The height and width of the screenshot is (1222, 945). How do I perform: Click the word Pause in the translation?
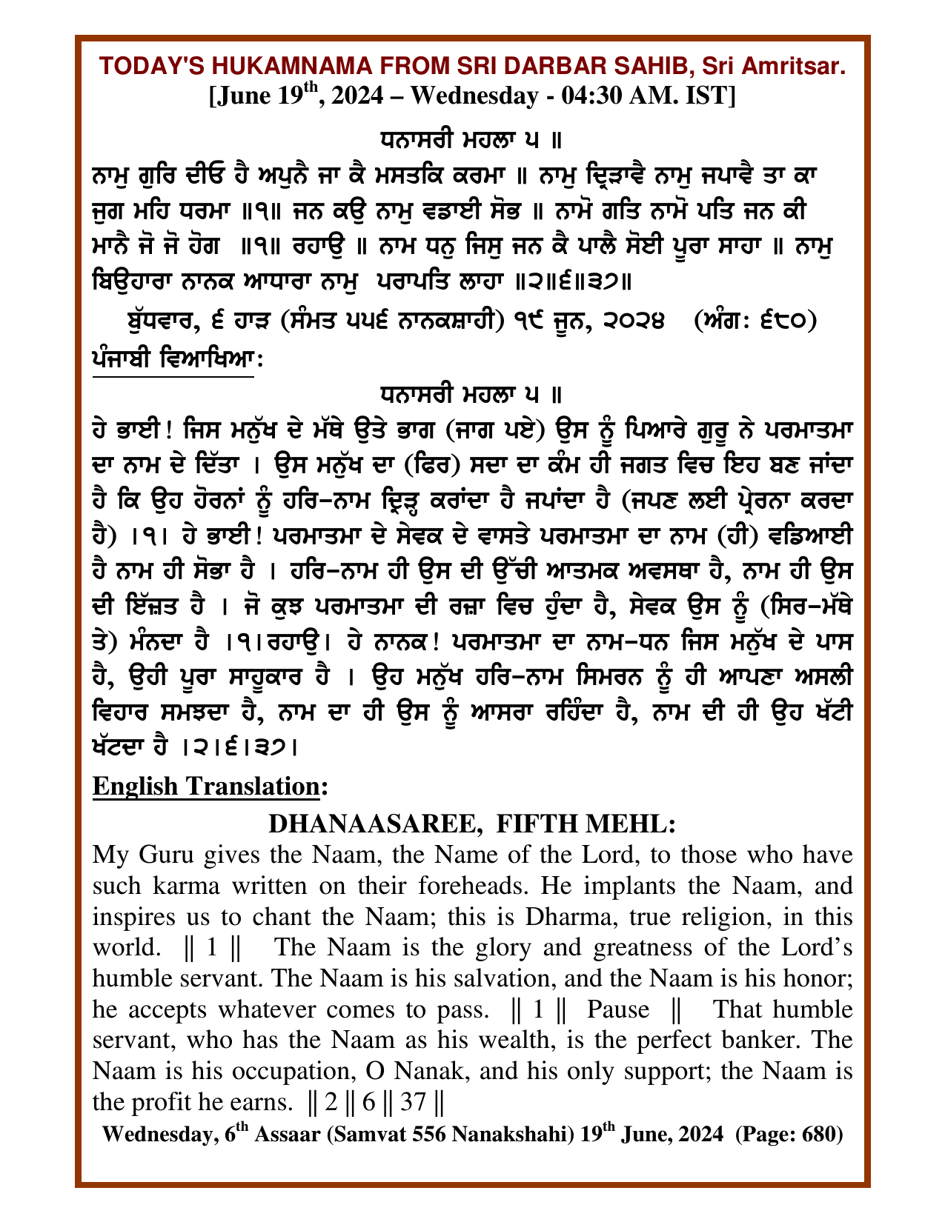pyautogui.click(x=618, y=1009)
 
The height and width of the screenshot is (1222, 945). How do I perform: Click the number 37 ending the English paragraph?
pyautogui.click(x=412, y=1103)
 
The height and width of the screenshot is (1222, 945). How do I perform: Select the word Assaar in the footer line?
pyautogui.click(x=285, y=1135)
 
